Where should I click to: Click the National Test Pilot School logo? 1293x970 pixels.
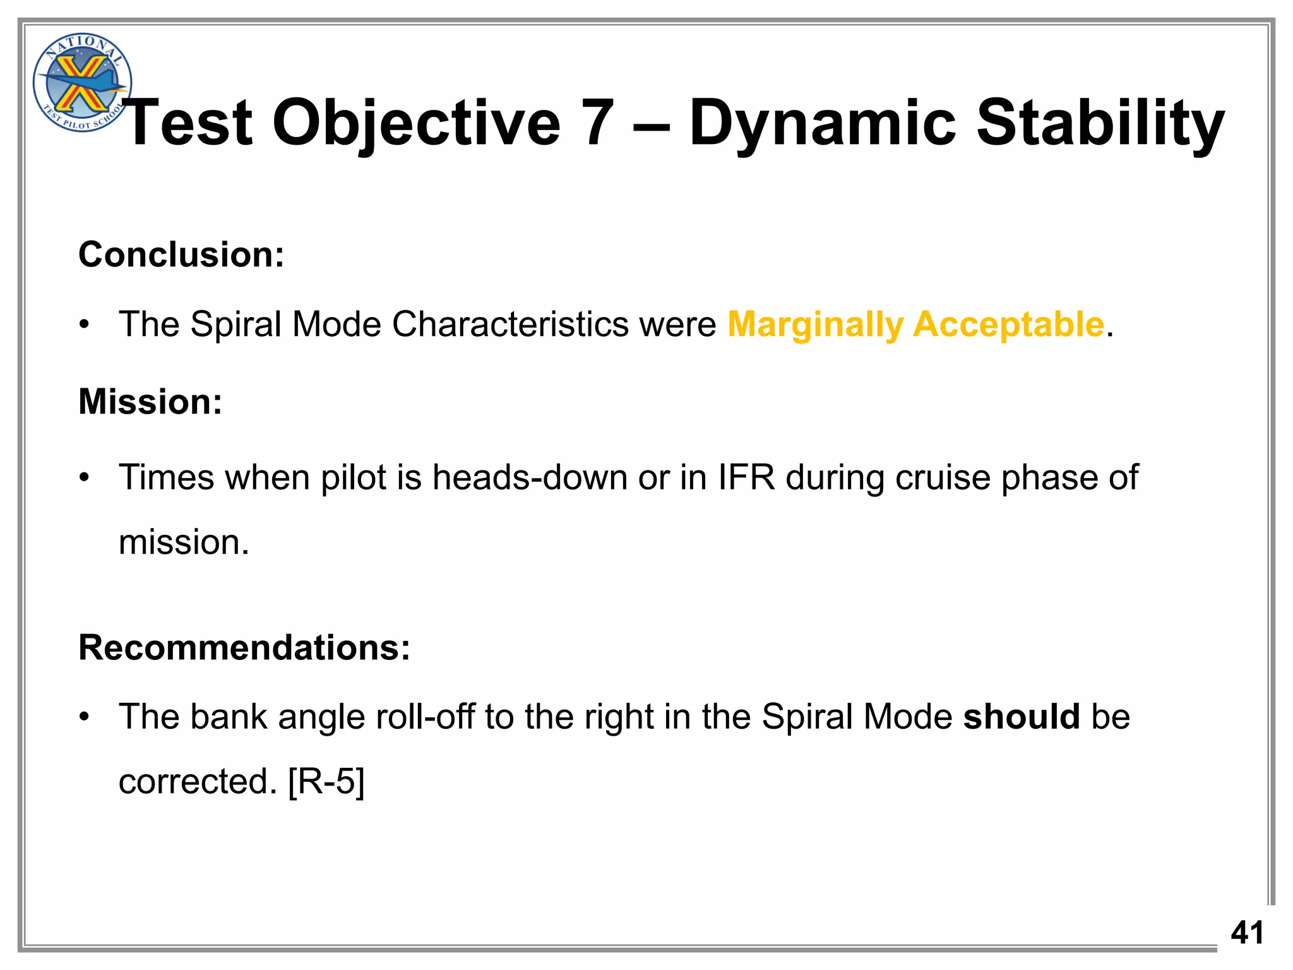click(81, 82)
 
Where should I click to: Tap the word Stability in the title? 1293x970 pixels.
click(1100, 123)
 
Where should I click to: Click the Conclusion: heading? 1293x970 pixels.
click(181, 254)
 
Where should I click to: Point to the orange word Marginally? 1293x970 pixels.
click(815, 325)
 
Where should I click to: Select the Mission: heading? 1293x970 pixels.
click(150, 402)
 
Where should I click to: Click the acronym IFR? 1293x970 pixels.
click(746, 477)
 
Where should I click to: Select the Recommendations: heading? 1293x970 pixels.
click(244, 648)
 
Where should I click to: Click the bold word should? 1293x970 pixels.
click(1021, 717)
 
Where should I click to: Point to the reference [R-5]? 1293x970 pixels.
click(326, 782)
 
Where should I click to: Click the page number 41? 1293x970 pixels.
click(1247, 933)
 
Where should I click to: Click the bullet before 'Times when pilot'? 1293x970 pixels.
click(85, 478)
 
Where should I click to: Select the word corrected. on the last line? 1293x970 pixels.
click(198, 782)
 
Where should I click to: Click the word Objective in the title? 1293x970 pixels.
click(416, 123)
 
